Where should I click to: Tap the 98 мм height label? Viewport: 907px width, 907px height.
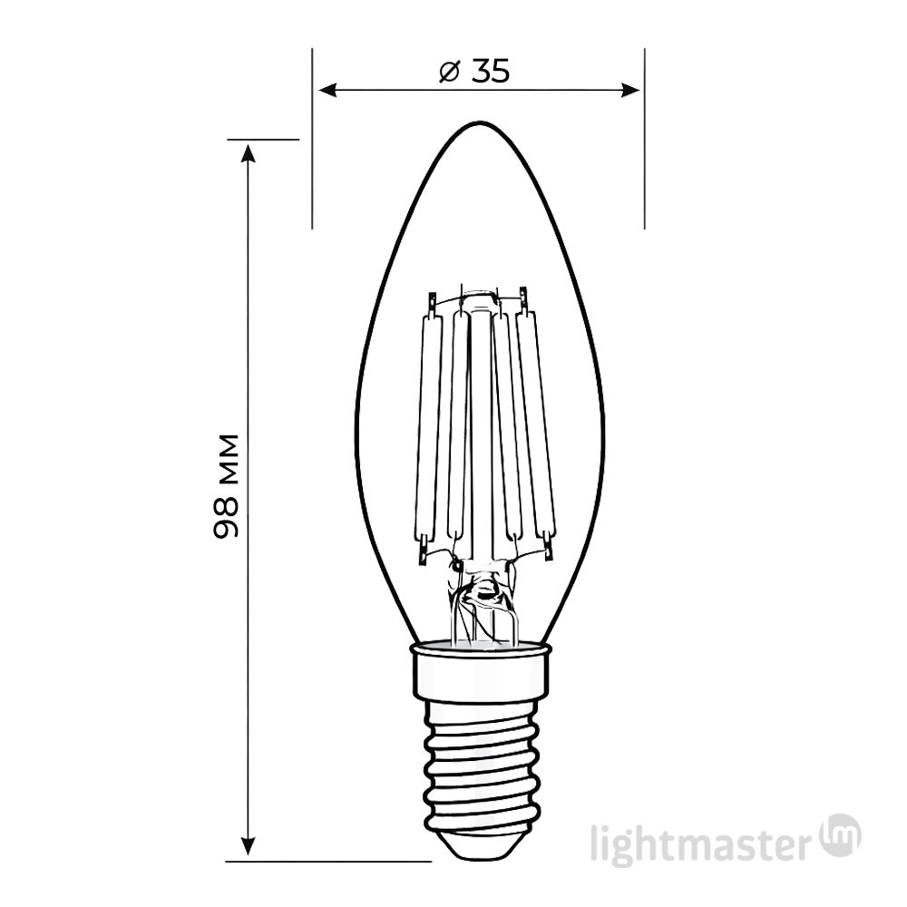[x=227, y=487]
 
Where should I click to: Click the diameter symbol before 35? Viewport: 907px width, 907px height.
[x=449, y=72]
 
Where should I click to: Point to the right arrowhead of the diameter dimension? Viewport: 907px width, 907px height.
[x=632, y=90]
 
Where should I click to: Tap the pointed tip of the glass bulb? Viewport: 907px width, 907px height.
[x=477, y=124]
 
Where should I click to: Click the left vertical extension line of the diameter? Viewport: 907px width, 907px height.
[x=312, y=136]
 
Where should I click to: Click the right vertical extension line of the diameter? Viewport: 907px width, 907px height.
[x=644, y=136]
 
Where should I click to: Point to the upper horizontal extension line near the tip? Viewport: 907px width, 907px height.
[x=263, y=140]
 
